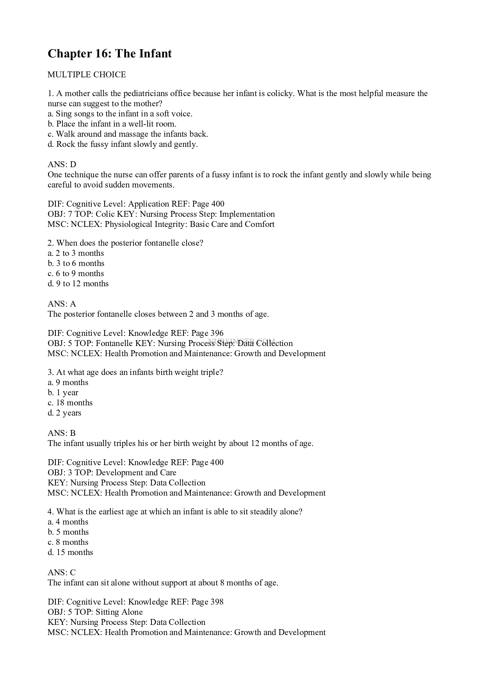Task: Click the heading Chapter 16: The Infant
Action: tap(110, 54)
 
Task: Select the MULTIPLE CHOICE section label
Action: tap(87, 75)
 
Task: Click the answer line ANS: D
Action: tap(62, 164)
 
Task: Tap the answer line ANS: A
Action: tap(62, 304)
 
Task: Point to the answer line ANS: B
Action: tap(62, 433)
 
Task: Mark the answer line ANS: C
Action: tap(62, 573)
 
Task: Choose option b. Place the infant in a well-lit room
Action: tap(112, 124)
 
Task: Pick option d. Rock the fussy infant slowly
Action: tap(123, 144)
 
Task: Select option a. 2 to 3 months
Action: tap(76, 253)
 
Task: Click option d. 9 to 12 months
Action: tap(78, 284)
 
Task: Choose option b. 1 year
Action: tap(63, 392)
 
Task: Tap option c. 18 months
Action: tap(70, 403)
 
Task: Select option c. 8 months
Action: tap(68, 542)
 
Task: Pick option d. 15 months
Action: tap(70, 552)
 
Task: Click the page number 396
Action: tap(217, 333)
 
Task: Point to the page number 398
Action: tap(217, 602)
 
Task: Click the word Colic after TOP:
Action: tap(105, 214)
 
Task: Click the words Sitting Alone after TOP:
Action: tap(119, 612)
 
